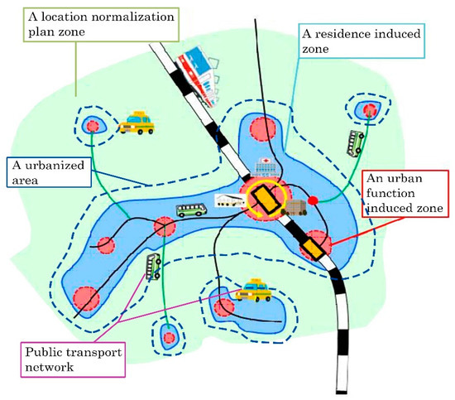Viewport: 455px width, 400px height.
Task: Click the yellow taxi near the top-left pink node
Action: coord(136,123)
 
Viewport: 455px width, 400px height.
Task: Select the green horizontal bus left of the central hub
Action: coord(191,210)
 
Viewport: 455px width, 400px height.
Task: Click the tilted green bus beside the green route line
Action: coord(154,266)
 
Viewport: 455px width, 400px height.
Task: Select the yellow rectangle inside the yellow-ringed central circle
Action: coord(266,200)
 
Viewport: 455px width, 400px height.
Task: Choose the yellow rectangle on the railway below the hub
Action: coord(313,246)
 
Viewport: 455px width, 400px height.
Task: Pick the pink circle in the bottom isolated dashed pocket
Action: coord(170,337)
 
